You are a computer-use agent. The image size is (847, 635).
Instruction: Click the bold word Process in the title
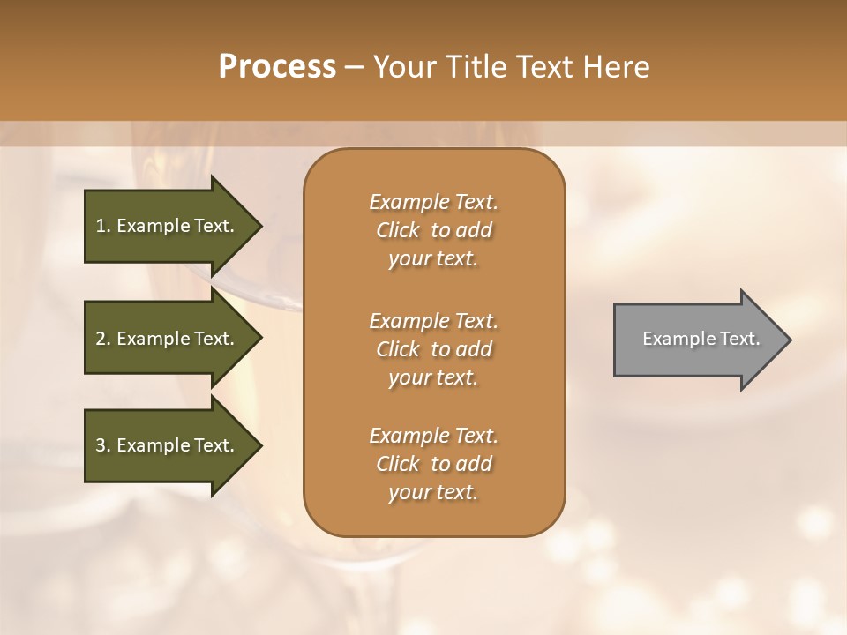click(277, 66)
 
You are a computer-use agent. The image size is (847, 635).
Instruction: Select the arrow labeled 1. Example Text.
click(165, 226)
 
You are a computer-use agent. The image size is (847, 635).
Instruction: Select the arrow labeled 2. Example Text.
click(165, 339)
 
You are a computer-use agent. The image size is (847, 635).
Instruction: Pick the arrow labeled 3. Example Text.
click(165, 445)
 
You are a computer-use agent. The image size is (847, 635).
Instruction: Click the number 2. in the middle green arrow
click(103, 339)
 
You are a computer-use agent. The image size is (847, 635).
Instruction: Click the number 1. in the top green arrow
click(103, 226)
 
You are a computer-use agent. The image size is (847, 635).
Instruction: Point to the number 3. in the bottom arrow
click(103, 445)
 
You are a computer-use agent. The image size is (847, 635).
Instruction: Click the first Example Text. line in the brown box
click(433, 202)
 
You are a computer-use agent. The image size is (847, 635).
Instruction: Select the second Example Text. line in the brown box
click(433, 320)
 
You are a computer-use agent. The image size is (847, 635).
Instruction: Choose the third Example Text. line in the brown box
click(433, 435)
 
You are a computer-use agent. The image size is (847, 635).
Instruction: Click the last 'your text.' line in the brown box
click(433, 493)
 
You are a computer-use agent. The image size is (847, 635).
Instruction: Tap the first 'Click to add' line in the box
click(433, 230)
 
